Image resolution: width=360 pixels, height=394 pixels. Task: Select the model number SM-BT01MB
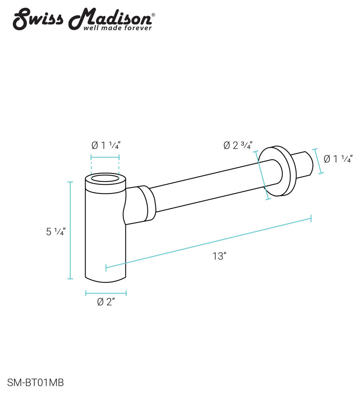coord(35,383)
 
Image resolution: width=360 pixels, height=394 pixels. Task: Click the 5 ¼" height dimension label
coord(55,232)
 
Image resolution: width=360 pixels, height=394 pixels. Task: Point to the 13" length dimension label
coord(219,256)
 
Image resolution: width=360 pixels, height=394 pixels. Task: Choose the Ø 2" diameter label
coord(106,302)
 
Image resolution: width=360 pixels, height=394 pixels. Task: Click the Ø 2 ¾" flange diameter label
coord(237,146)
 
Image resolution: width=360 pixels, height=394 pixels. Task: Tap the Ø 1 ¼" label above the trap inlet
coord(106,146)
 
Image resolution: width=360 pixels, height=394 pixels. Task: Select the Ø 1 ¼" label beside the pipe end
coord(338,159)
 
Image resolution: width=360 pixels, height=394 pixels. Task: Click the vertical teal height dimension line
coord(70,230)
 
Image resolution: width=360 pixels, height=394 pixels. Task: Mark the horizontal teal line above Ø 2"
coord(106,293)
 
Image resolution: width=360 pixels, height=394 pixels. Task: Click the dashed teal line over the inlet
coord(105,157)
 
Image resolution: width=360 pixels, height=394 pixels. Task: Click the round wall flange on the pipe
coord(284,171)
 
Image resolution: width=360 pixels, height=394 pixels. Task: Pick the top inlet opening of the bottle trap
coord(105,178)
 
